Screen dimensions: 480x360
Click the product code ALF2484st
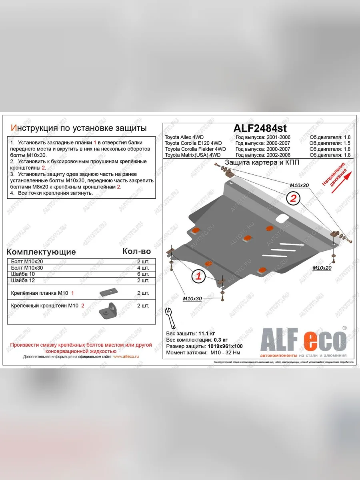tap(260, 128)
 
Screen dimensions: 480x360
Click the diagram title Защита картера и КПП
tap(262, 162)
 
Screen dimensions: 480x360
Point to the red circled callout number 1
tap(199, 276)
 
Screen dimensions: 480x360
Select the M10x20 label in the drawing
tap(322, 268)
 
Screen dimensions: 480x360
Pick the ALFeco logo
tap(303, 341)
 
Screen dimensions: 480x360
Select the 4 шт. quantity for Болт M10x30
tap(143, 268)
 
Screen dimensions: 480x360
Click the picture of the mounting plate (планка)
tap(107, 293)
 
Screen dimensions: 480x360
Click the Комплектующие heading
tap(41, 252)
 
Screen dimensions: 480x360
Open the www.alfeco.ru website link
tap(126, 356)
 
